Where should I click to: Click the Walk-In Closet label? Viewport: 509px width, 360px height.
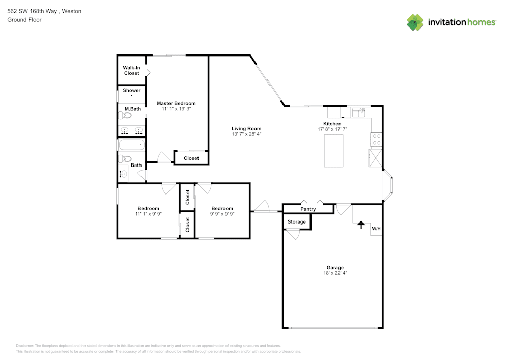131,70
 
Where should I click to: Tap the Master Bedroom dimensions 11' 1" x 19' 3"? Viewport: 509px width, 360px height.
176,109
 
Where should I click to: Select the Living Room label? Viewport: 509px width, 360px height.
246,128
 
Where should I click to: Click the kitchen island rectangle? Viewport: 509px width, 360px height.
333,151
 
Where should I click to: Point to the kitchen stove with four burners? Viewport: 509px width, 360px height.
377,140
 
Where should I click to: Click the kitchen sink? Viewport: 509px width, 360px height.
359,113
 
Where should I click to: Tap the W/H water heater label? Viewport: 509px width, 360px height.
376,229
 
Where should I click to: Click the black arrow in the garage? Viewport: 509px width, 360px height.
361,225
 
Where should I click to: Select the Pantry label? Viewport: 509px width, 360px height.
308,209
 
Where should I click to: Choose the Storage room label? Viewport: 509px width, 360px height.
297,221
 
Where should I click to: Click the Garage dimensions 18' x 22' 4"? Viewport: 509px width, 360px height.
335,273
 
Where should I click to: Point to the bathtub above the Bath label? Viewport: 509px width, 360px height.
131,145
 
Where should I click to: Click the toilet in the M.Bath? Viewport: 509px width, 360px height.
125,115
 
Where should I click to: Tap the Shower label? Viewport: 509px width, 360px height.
131,90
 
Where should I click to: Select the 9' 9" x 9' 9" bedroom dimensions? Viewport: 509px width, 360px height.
222,214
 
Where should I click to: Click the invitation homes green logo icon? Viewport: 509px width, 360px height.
415,22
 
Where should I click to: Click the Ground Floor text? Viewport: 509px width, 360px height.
24,20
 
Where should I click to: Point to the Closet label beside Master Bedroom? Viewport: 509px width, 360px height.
191,158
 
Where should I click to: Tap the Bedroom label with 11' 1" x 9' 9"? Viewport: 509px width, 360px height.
148,208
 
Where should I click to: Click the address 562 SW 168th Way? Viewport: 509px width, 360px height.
32,11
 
